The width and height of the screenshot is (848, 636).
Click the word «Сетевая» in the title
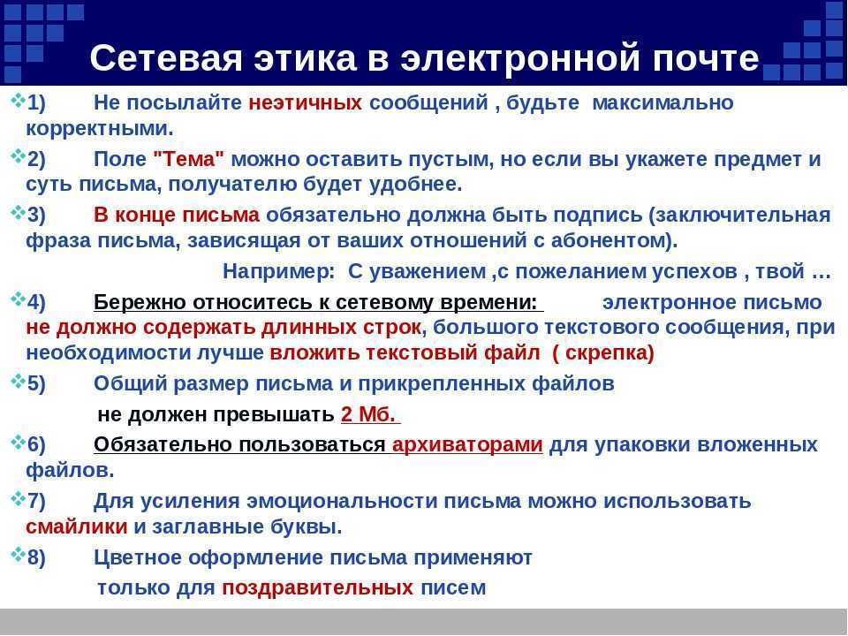(x=166, y=57)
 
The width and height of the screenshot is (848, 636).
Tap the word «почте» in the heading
(x=706, y=58)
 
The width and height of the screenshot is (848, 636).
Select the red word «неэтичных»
(x=305, y=102)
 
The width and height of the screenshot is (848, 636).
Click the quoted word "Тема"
(x=188, y=158)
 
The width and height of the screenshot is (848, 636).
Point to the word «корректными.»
(x=100, y=129)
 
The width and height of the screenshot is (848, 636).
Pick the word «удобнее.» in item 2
(x=416, y=185)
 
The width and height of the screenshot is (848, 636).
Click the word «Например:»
(x=279, y=271)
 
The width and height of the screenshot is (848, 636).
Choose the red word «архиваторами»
(x=467, y=444)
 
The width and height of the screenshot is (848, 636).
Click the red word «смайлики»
(x=76, y=526)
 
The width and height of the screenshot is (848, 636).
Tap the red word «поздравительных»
(x=317, y=587)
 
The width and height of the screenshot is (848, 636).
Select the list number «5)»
(x=36, y=383)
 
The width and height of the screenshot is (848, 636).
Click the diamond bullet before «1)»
(x=19, y=100)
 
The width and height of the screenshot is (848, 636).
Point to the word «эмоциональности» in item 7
(x=342, y=502)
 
